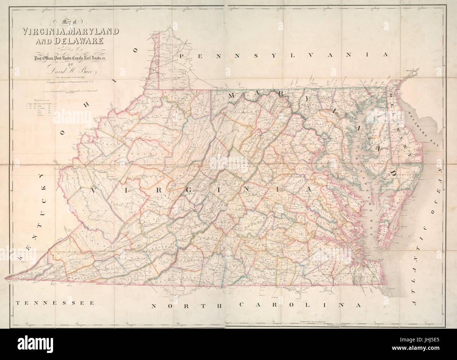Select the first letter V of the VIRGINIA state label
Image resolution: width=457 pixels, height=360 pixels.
pos(93,190)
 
